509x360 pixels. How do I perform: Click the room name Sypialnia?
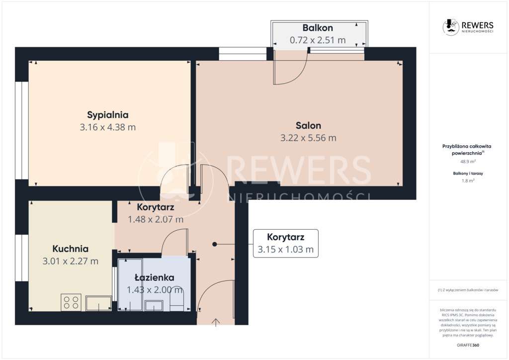click(108, 114)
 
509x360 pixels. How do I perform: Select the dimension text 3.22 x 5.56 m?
click(308, 138)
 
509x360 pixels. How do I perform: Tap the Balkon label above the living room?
click(318, 28)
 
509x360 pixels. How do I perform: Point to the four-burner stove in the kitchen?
click(71, 302)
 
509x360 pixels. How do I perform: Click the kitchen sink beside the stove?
click(98, 303)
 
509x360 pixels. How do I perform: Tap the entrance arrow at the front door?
click(216, 322)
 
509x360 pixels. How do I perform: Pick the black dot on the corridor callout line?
click(215, 244)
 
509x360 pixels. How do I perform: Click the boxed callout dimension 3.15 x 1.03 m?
click(285, 250)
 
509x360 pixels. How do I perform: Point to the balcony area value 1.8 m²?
click(467, 181)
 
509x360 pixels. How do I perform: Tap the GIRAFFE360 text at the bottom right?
click(467, 345)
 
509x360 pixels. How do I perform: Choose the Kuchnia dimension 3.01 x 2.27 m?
click(71, 261)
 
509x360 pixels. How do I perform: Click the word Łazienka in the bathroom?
click(154, 277)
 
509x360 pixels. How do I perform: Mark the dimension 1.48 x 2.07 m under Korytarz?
click(156, 219)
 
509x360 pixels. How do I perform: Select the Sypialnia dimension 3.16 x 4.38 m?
click(108, 127)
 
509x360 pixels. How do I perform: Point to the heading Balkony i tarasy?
click(467, 173)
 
